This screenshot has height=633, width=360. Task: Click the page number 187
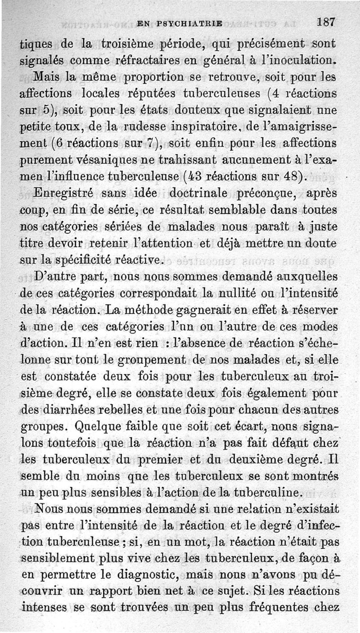tap(326, 22)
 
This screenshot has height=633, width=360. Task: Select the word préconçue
tap(266, 194)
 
